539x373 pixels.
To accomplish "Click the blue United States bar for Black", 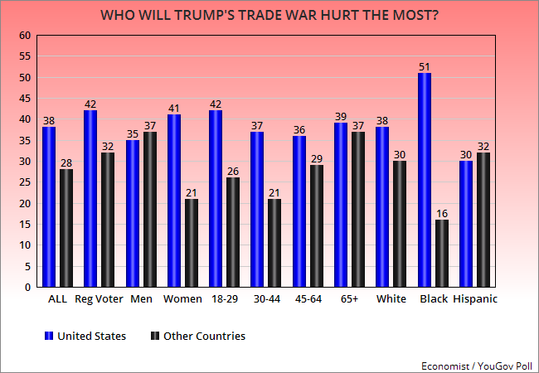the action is (x=425, y=180).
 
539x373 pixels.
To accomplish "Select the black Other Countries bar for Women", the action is (x=192, y=243).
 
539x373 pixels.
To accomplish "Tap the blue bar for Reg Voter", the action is (x=90, y=199).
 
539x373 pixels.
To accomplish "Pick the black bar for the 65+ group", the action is (x=358, y=210).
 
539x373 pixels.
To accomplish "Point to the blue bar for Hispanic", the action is (x=466, y=224).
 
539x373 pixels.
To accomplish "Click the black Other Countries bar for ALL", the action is (x=66, y=228).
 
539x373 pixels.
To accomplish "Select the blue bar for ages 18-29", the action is (x=216, y=199).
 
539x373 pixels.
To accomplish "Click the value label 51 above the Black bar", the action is (x=425, y=67).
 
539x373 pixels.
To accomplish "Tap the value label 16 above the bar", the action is (x=442, y=214).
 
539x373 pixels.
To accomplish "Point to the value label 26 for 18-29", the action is (x=233, y=172).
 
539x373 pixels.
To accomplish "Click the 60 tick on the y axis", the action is (x=25, y=36).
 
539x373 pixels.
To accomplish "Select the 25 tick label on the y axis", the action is (x=25, y=182).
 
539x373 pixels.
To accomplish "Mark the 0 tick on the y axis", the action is (x=28, y=288).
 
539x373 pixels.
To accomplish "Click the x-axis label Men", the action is (x=141, y=299).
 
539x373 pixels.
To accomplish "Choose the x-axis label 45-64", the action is (x=308, y=299).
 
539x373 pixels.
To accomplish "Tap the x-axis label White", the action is (x=391, y=299).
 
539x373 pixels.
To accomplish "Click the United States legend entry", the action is (x=85, y=336).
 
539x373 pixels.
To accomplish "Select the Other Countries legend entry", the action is (x=198, y=336).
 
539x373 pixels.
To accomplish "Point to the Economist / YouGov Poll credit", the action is (x=477, y=366).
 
